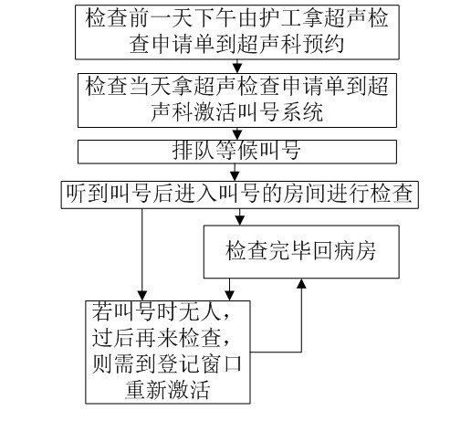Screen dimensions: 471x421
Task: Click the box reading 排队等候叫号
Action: (237, 152)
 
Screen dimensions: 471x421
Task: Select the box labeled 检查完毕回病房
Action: (301, 252)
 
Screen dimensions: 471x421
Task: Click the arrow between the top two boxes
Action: (237, 66)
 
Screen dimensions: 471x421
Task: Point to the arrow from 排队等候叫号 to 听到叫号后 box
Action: (235, 173)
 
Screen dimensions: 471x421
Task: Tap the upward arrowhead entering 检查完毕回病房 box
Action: (301, 283)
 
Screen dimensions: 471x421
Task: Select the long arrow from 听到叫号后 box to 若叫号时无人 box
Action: (142, 255)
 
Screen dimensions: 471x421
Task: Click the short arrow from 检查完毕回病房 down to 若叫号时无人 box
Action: (229, 289)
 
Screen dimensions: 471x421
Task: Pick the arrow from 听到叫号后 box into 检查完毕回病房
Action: (240, 217)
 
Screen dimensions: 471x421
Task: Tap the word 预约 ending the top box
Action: (323, 44)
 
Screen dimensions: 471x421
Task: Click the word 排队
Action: (194, 151)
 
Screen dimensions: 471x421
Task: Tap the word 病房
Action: (355, 251)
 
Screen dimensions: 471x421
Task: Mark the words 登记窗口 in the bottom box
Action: (200, 364)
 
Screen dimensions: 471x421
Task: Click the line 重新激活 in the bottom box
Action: (168, 390)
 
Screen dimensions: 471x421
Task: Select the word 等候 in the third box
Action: (236, 151)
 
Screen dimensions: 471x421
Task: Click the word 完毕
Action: (289, 251)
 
